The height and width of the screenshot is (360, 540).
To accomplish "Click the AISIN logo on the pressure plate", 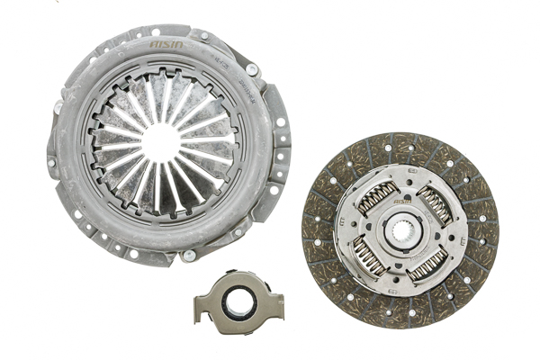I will tap(167, 44).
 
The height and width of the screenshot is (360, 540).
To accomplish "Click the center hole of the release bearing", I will tap(239, 302).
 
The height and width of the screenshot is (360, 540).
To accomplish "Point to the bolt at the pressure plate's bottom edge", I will tap(189, 255).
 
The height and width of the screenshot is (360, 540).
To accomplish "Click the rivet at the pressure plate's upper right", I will tap(252, 68).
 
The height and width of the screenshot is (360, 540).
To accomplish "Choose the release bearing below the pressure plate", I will tap(239, 301).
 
